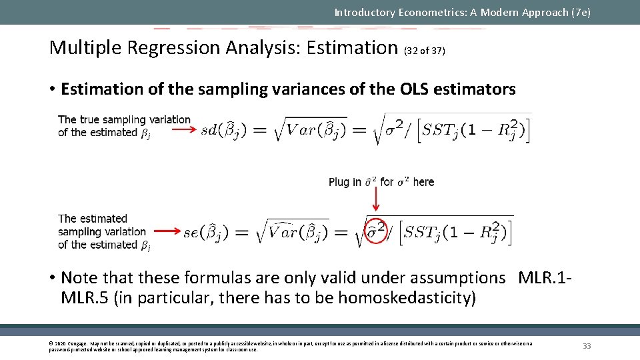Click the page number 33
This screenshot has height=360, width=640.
click(587, 345)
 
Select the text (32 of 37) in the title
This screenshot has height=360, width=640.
click(425, 51)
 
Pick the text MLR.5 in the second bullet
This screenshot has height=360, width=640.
click(85, 297)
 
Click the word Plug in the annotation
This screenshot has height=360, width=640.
click(338, 182)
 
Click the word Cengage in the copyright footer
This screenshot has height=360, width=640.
click(78, 343)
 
